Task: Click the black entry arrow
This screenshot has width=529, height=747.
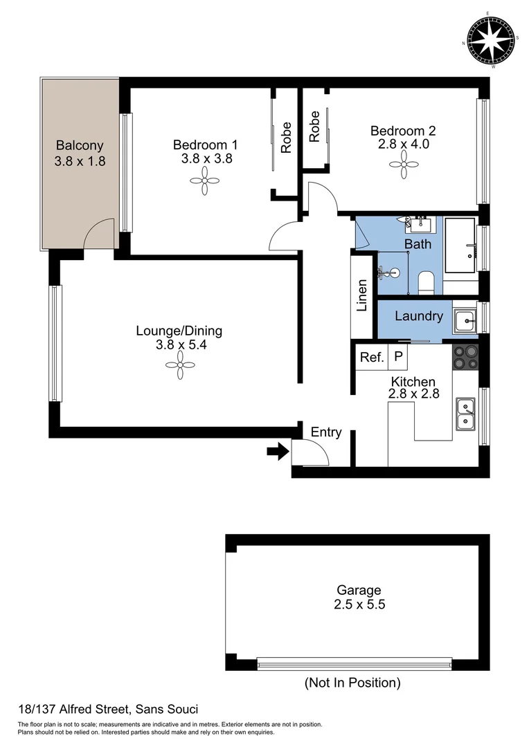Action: point(278,452)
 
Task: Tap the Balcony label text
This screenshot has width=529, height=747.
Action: point(80,146)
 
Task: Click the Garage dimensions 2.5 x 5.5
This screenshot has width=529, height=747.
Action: point(359,604)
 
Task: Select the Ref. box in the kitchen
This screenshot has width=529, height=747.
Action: point(372,358)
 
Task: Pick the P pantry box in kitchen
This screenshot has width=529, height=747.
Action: point(397,358)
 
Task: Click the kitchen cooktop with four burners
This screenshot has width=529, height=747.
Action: point(465,358)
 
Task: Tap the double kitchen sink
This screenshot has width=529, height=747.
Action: point(465,413)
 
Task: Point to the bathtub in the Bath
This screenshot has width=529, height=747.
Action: point(459,246)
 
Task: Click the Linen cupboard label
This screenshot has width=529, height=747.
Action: point(361,297)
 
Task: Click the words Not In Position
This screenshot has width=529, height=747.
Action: point(352,683)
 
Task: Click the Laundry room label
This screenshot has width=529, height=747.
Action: point(418,316)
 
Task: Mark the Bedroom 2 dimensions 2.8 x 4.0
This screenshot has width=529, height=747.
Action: point(403,145)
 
